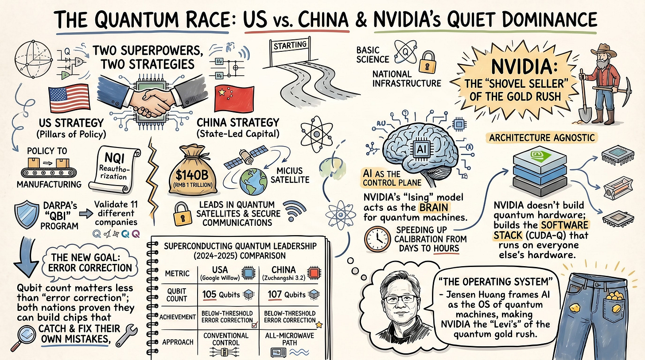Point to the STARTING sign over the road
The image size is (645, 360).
290,45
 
